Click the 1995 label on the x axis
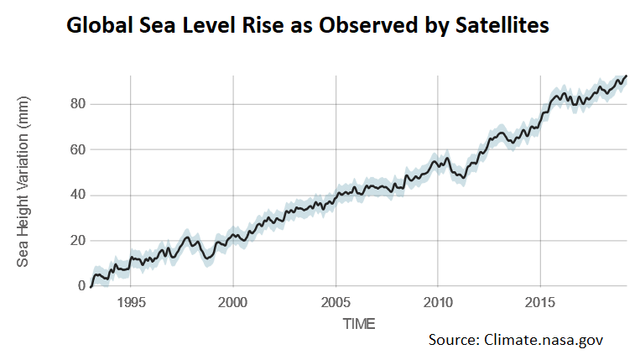131,302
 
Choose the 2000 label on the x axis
233,302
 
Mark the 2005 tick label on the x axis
336,302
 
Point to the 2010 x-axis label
438,302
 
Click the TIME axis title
358,323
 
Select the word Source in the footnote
454,340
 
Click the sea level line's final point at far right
627,76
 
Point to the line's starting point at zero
90,286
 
